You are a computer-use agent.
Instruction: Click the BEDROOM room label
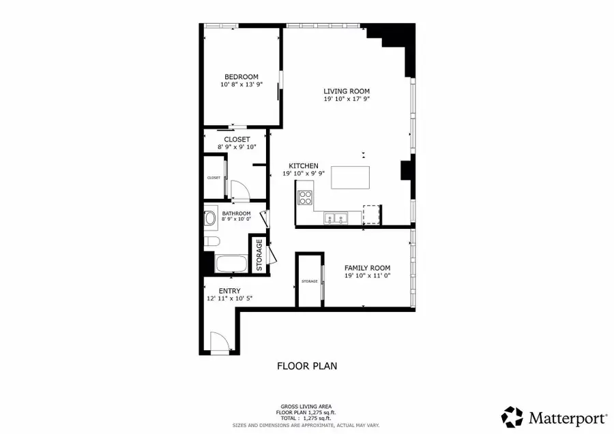(x=242, y=76)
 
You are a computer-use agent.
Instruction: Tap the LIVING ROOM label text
(x=347, y=91)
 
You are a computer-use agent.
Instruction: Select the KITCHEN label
(x=304, y=166)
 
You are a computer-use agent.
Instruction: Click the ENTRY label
(x=220, y=290)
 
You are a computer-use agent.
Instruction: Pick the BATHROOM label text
(x=236, y=214)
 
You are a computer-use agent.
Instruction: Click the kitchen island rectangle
(x=350, y=177)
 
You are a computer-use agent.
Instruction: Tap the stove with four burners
(x=304, y=198)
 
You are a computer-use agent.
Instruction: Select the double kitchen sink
(x=336, y=219)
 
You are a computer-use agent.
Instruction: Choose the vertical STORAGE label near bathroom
(x=259, y=255)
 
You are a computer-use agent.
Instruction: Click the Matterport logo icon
(x=512, y=416)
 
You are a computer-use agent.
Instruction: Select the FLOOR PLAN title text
(x=306, y=366)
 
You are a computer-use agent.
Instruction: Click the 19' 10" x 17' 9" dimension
(x=347, y=99)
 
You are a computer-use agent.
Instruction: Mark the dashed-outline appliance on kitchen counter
(x=371, y=215)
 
